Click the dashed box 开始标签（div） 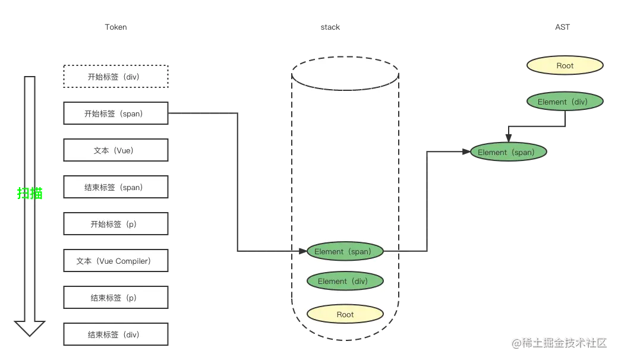(x=116, y=77)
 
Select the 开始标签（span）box (x=116, y=113)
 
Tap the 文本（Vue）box (x=116, y=150)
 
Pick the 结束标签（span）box (x=116, y=187)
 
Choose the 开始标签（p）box (x=116, y=224)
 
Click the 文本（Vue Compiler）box (x=116, y=261)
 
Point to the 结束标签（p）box (x=116, y=298)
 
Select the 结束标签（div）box (x=116, y=334)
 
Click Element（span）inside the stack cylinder (x=345, y=251)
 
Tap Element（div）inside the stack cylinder (x=345, y=281)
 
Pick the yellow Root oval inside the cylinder (x=345, y=314)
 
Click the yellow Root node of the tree (x=565, y=65)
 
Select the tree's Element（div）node (x=565, y=102)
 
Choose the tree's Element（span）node (x=509, y=152)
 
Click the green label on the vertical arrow (x=29, y=193)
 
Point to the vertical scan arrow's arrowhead (x=29, y=329)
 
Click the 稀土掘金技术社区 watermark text (x=562, y=342)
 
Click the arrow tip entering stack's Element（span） (x=304, y=251)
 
